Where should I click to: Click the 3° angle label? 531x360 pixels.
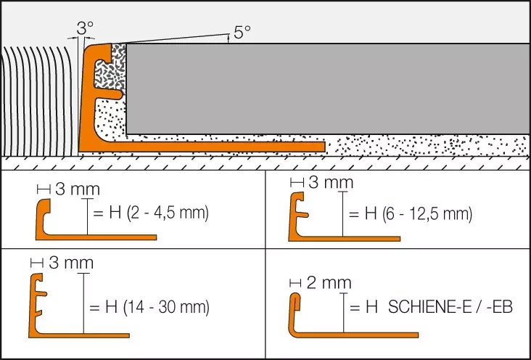[86, 28]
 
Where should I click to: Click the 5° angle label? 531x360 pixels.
[242, 32]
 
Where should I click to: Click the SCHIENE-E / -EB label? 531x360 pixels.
[450, 308]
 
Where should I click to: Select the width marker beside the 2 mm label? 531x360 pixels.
[295, 282]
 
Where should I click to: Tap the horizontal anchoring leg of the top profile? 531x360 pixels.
[218, 146]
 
